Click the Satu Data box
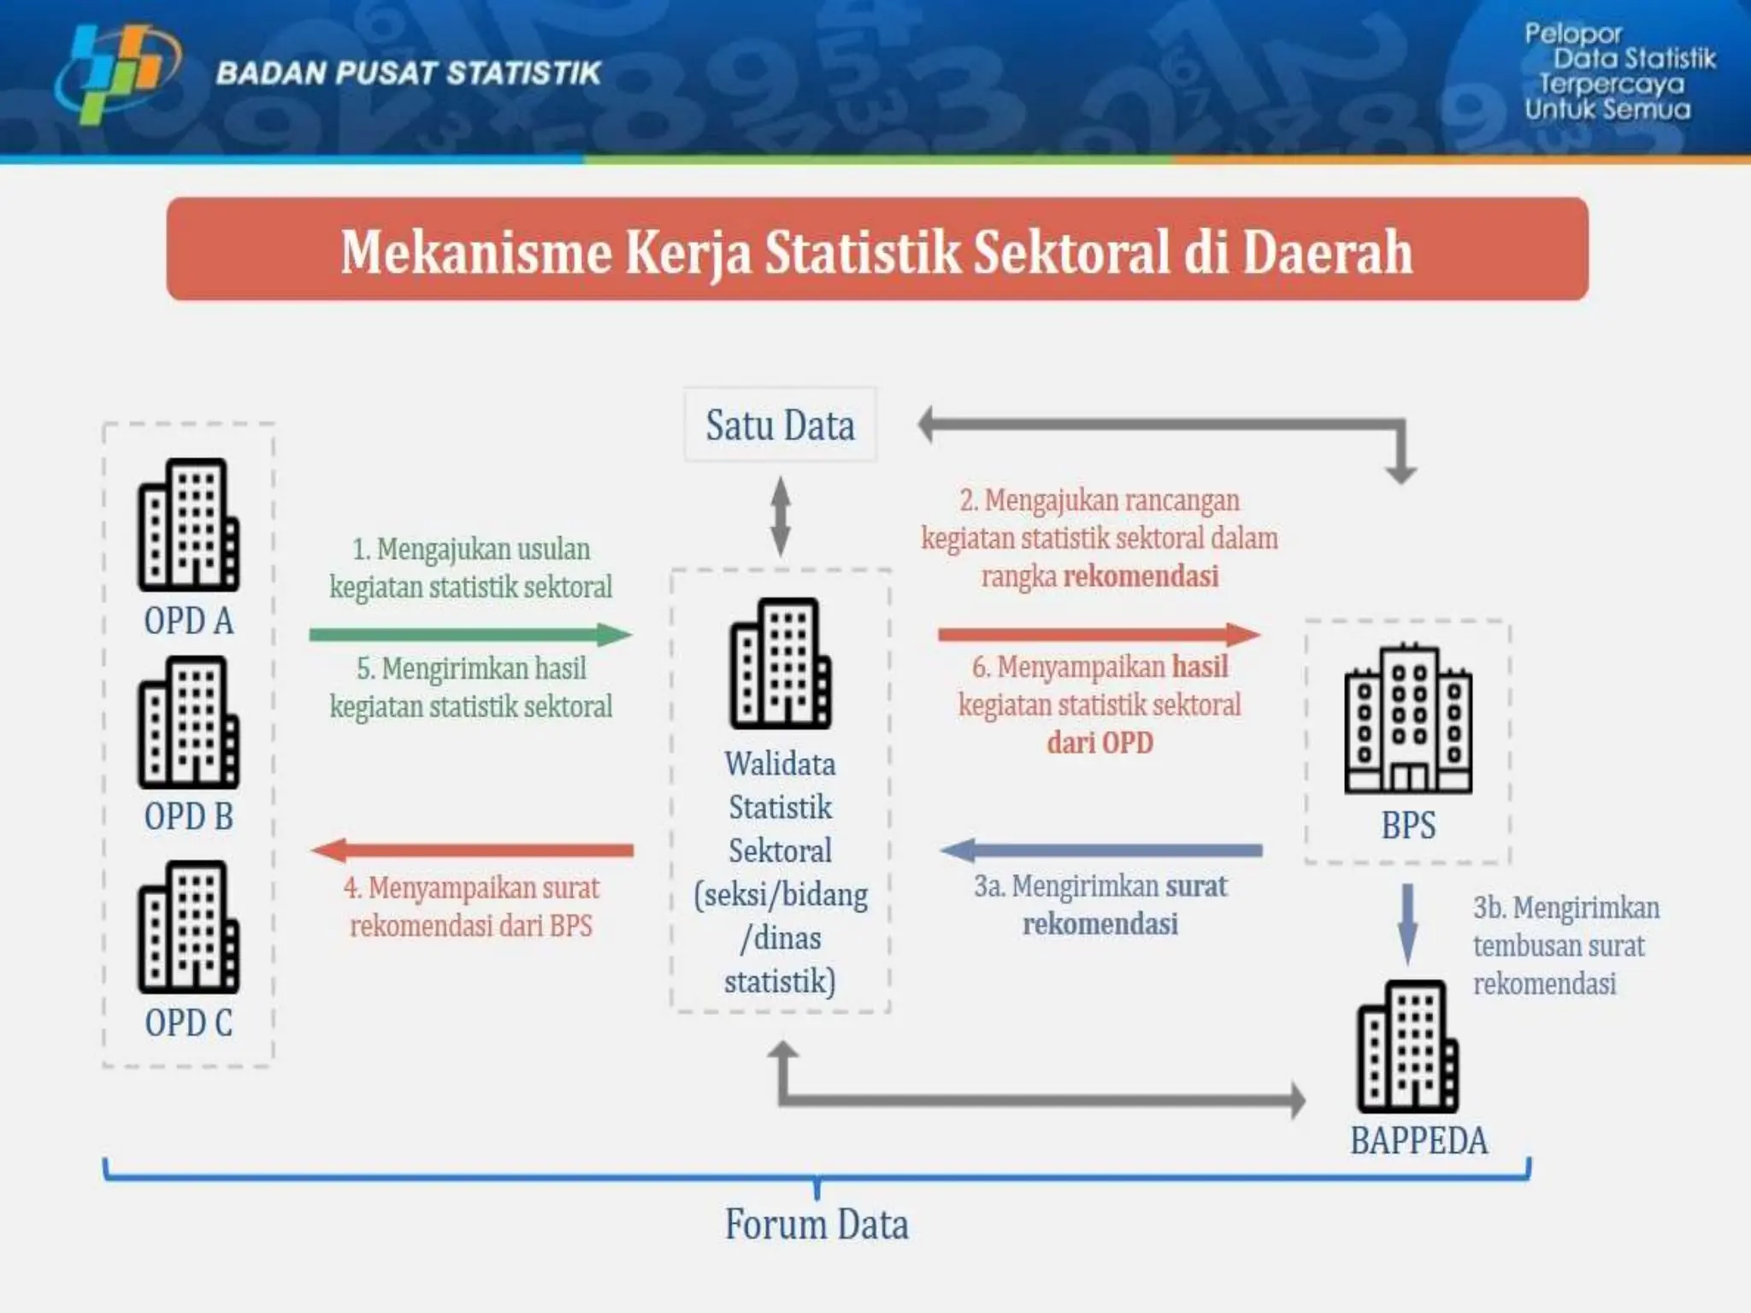(x=780, y=425)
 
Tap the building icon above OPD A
(x=188, y=525)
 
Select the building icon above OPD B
(x=188, y=722)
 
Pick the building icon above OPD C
(x=188, y=927)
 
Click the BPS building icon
(x=1407, y=719)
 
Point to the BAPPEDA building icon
(x=1407, y=1046)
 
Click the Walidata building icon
(x=780, y=663)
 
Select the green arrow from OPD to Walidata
(x=470, y=634)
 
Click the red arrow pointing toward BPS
(x=1099, y=634)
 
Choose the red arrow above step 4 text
(x=472, y=850)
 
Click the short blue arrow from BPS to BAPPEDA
(x=1407, y=923)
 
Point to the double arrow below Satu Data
(x=780, y=516)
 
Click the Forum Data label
(x=817, y=1224)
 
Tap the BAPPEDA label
(x=1418, y=1141)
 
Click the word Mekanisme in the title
(x=476, y=252)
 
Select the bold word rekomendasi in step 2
(x=1141, y=576)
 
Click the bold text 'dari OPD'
(x=1100, y=743)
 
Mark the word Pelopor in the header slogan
(x=1572, y=34)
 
